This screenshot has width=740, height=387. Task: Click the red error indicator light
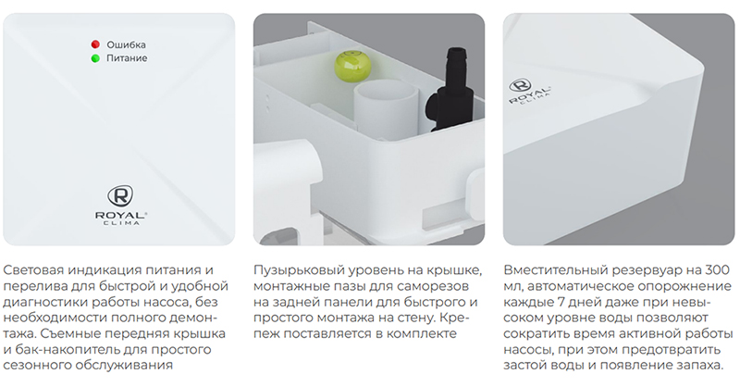pyautogui.click(x=95, y=44)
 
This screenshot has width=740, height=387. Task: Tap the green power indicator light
pyautogui.click(x=95, y=58)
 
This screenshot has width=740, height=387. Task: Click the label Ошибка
pyautogui.click(x=126, y=44)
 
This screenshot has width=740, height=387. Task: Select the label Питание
pyautogui.click(x=127, y=58)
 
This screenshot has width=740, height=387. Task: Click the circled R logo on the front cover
pyautogui.click(x=120, y=196)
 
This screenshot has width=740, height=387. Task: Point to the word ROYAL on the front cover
pyautogui.click(x=120, y=215)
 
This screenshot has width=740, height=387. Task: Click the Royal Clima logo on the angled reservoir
pyautogui.click(x=528, y=93)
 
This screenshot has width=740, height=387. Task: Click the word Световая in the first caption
pyautogui.click(x=33, y=270)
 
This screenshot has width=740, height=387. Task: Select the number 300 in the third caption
pyautogui.click(x=718, y=270)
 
